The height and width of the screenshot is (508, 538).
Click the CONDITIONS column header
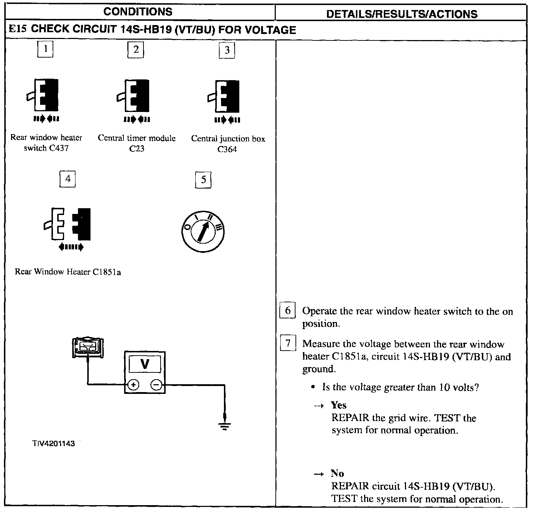tap(138, 12)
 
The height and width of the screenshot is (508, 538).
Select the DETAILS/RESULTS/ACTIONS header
tap(402, 14)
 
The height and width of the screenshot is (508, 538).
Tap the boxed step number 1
tap(45, 49)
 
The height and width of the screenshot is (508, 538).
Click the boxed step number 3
tap(227, 50)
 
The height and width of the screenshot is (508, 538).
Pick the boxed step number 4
tap(68, 179)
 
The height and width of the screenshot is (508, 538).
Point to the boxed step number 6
tap(288, 311)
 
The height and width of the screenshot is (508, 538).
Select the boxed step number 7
tap(288, 343)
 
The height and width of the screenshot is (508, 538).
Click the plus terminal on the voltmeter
tap(133, 385)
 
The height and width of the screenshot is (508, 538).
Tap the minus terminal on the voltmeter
tap(156, 385)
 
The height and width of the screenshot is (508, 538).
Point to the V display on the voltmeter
tap(145, 364)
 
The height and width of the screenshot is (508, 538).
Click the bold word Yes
tap(338, 405)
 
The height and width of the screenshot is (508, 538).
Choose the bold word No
tap(337, 473)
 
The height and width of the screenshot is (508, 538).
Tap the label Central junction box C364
tap(228, 144)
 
